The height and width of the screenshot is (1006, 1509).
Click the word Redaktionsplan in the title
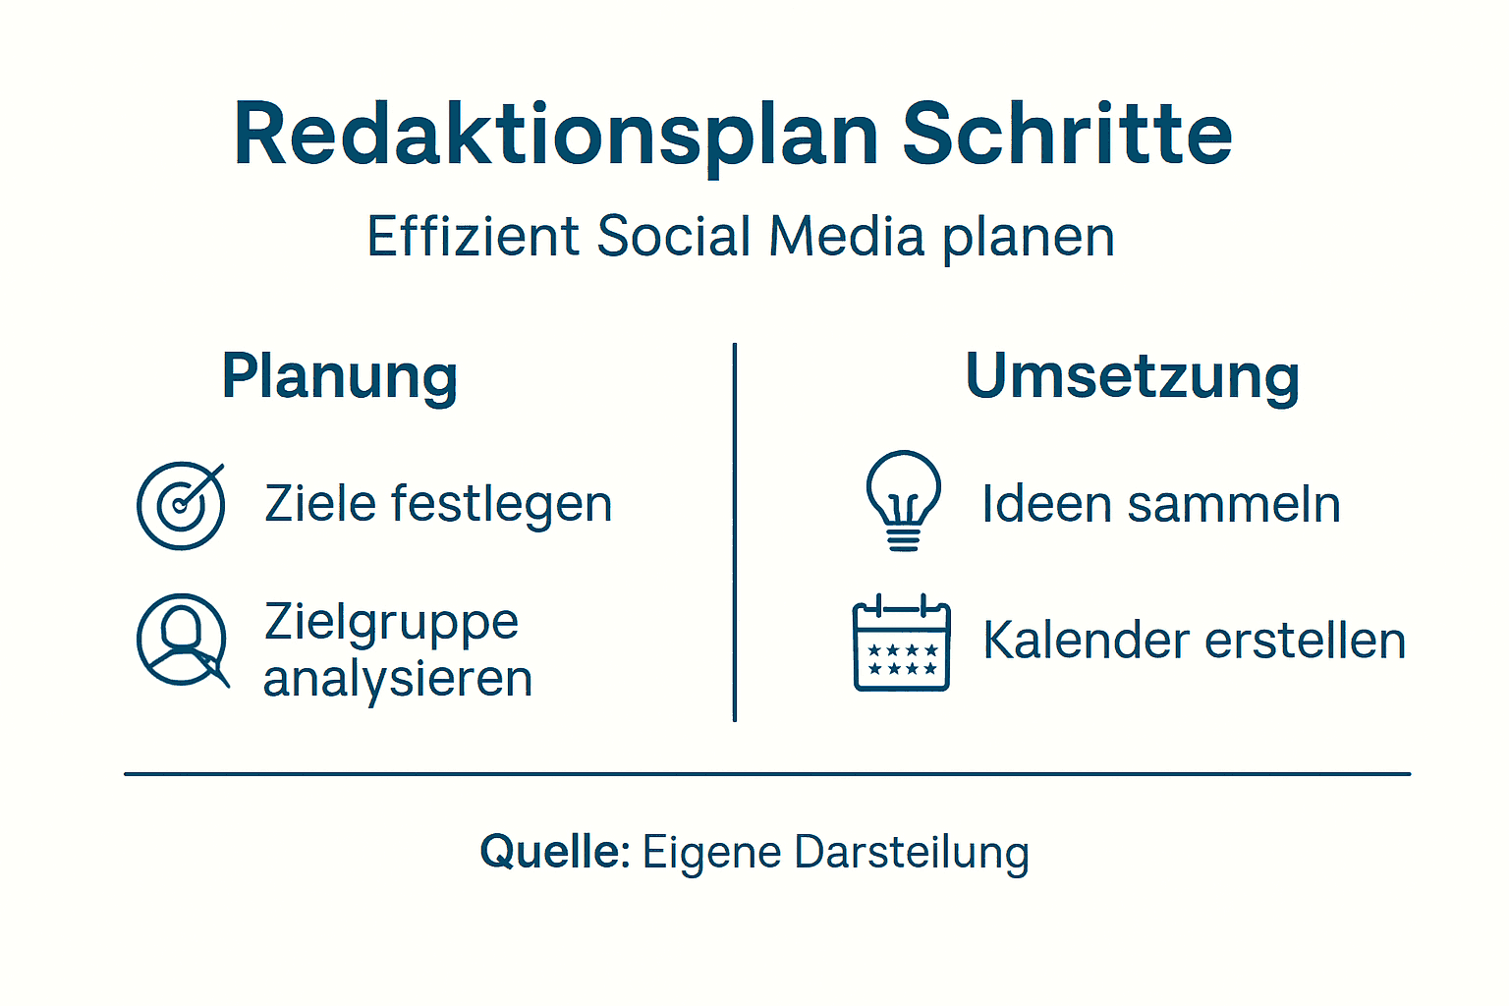[x=555, y=136]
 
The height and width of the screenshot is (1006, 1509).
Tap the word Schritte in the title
[x=1067, y=134]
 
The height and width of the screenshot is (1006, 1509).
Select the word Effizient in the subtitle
[x=474, y=237]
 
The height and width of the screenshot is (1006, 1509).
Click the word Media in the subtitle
[x=847, y=237]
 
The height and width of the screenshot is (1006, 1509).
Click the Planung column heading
[x=340, y=376]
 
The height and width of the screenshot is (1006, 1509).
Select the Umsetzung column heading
[x=1133, y=376]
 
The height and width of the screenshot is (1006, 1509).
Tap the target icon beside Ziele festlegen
[x=181, y=505]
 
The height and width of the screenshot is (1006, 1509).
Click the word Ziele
[x=320, y=504]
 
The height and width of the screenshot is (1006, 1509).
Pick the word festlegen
[x=502, y=505]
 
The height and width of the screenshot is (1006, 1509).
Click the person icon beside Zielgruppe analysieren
[x=182, y=640]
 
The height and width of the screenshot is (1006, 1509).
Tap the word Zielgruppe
[x=391, y=623]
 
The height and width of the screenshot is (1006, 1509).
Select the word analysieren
[x=398, y=679]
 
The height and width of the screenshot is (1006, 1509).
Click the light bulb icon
[x=903, y=500]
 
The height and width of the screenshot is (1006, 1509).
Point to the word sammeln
[x=1234, y=505]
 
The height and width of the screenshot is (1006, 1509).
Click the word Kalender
[x=1087, y=641]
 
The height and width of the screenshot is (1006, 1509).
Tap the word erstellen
[x=1306, y=641]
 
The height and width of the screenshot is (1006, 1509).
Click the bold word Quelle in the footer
[x=554, y=852]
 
